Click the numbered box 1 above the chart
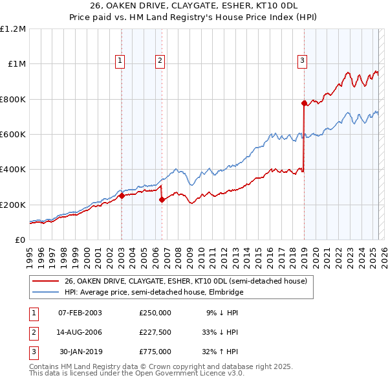click(121, 61)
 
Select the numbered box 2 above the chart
click(160, 61)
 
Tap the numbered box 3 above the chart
click(302, 61)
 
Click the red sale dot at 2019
click(304, 103)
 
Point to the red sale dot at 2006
click(162, 200)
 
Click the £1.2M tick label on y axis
click(13, 29)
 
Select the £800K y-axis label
click(13, 100)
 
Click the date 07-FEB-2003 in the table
click(80, 313)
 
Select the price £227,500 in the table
click(155, 332)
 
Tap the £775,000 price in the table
click(155, 352)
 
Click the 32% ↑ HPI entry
click(222, 352)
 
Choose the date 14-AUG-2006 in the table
click(80, 332)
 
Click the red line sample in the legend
click(45, 282)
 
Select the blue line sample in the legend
click(45, 293)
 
